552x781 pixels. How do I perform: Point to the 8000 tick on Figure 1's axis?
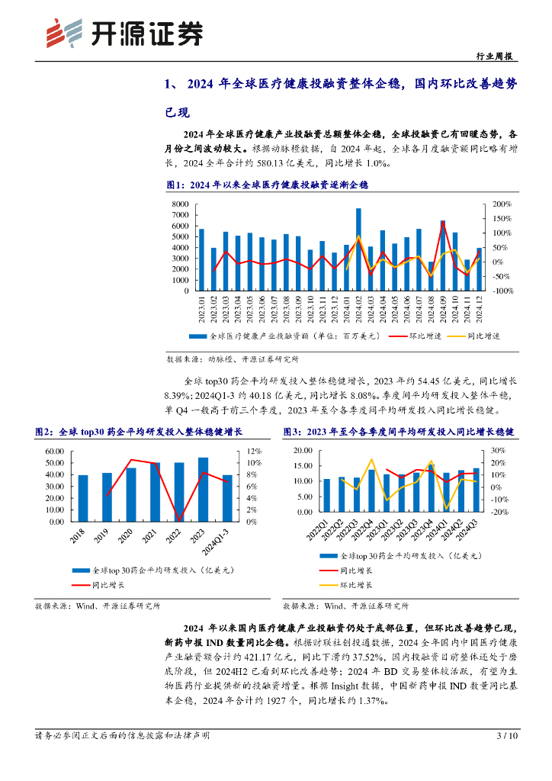click(x=180, y=204)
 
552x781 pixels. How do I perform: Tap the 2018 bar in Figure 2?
click(x=83, y=498)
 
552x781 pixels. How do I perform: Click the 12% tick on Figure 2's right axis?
click(x=256, y=452)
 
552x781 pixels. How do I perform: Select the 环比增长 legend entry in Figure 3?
click(x=357, y=585)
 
